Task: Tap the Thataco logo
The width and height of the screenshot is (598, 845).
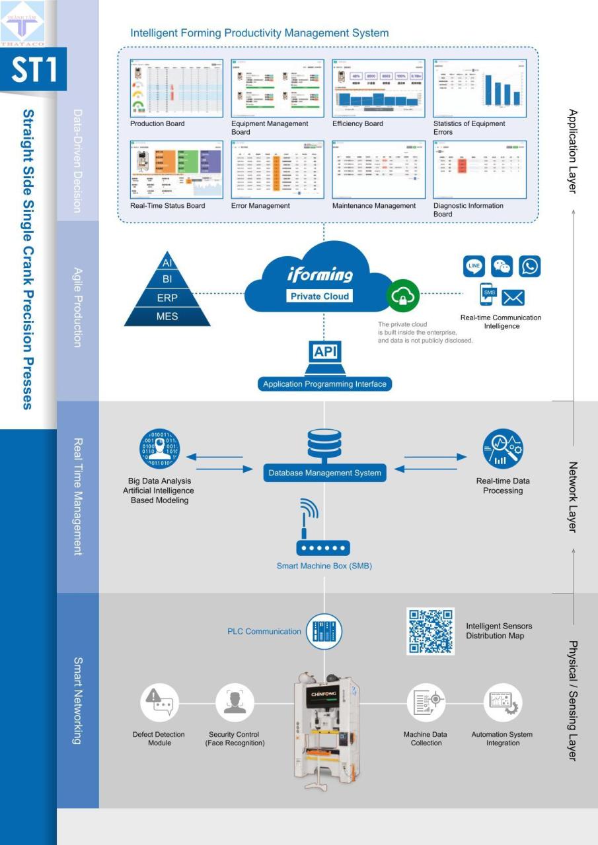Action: point(22,23)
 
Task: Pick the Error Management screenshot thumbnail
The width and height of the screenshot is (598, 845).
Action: point(278,169)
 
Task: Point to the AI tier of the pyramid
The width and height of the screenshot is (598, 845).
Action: point(167,263)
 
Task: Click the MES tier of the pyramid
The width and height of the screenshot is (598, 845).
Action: point(167,316)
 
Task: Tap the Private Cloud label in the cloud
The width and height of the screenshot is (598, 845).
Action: point(320,296)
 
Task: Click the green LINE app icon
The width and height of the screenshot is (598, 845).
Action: point(474,267)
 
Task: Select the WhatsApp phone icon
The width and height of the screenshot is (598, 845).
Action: point(530,267)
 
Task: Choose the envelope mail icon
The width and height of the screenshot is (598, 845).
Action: point(513,297)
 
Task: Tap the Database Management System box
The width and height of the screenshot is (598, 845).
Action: point(324,473)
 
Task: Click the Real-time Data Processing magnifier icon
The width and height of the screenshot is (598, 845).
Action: point(502,449)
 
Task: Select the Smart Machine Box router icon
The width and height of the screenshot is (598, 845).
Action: point(323,547)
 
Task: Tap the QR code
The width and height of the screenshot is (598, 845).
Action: point(430,631)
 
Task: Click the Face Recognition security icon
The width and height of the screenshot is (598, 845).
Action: point(235,702)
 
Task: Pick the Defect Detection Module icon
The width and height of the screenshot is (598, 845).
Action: point(159,702)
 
